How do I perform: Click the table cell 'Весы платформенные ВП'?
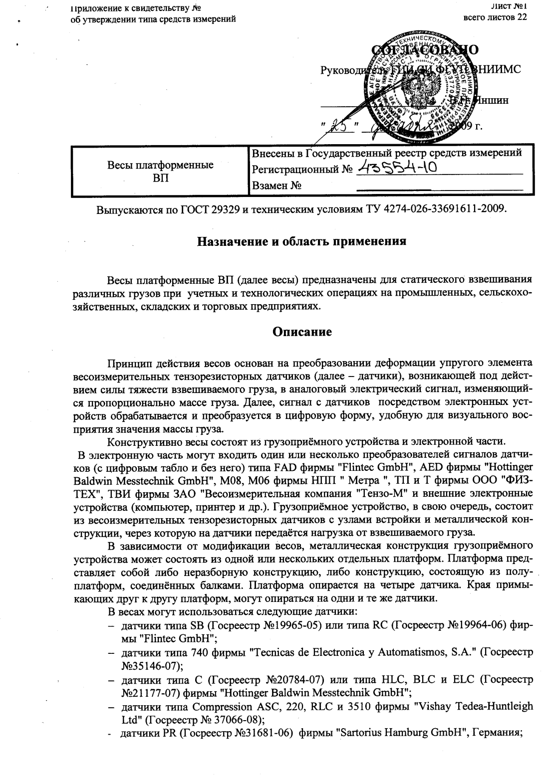(x=160, y=171)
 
